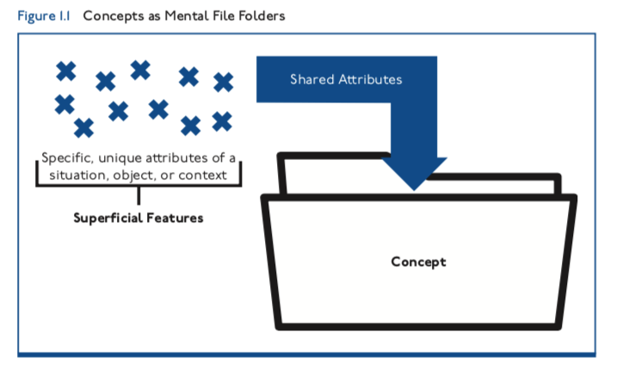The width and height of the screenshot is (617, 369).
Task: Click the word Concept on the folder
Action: point(419,261)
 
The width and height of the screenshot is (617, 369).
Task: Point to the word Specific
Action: point(67,158)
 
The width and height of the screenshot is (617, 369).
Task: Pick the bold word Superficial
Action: point(110,218)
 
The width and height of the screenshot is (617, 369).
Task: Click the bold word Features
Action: point(176,218)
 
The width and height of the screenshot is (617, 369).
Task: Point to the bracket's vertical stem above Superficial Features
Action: point(138,196)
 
